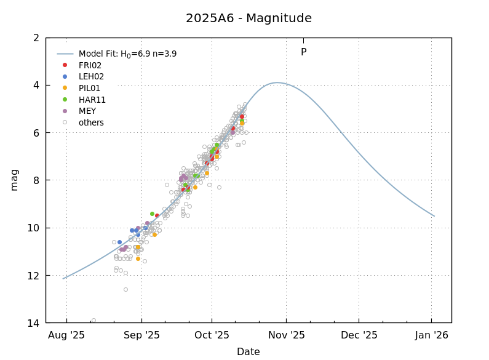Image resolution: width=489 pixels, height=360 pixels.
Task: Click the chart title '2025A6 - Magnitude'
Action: click(248, 18)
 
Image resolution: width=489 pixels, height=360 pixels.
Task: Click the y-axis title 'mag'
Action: click(14, 180)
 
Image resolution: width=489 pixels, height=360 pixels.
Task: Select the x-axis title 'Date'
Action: click(248, 352)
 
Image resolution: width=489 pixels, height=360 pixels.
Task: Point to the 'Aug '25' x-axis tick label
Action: click(66, 335)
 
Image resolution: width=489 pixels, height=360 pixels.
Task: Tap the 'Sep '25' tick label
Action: click(141, 335)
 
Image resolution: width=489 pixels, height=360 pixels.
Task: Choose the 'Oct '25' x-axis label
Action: click(212, 335)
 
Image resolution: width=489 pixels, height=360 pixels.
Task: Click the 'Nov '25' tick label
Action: click(286, 335)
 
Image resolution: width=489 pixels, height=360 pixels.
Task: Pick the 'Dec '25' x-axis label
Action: click(359, 335)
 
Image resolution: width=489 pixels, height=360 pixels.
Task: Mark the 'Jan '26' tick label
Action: click(431, 335)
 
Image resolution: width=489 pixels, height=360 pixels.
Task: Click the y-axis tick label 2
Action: click(36, 38)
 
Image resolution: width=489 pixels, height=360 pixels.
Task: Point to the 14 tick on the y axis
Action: click(34, 323)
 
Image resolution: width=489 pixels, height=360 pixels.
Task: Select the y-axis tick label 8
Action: click(36, 180)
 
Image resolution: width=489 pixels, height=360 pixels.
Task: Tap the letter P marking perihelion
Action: click(303, 52)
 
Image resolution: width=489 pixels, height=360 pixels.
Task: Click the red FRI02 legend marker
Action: click(65, 65)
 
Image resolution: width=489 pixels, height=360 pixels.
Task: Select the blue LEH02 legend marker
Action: click(65, 76)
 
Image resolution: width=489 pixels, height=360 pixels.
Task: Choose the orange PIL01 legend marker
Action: click(65, 88)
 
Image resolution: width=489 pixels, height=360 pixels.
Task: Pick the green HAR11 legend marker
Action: click(65, 99)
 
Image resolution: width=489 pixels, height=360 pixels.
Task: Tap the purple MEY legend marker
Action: click(65, 111)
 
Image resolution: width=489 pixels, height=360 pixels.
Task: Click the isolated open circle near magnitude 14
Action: click(93, 320)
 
